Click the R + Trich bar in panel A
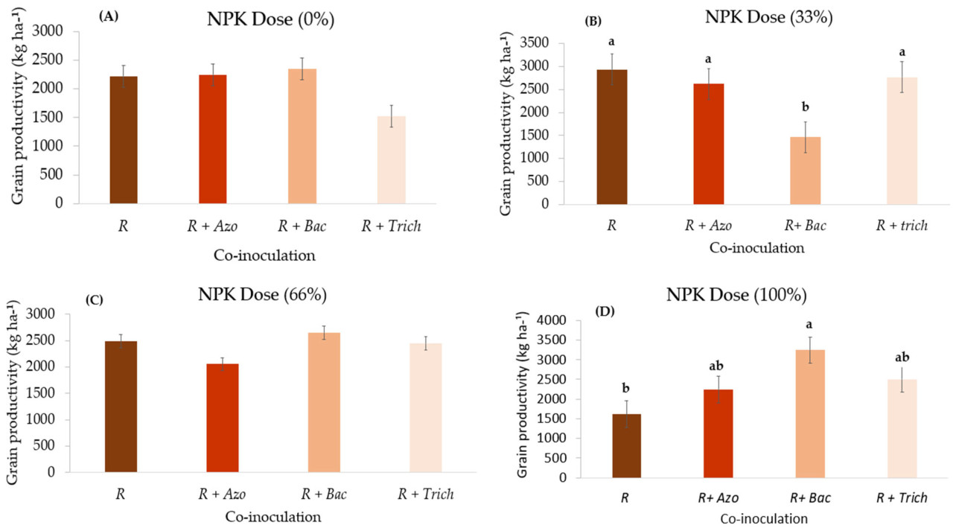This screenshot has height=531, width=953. (x=391, y=159)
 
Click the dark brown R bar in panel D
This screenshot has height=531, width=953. (x=627, y=446)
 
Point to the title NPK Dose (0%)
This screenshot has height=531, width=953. (x=270, y=20)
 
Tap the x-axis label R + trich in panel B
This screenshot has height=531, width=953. (x=901, y=226)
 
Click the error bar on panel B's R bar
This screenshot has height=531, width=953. (x=611, y=69)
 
